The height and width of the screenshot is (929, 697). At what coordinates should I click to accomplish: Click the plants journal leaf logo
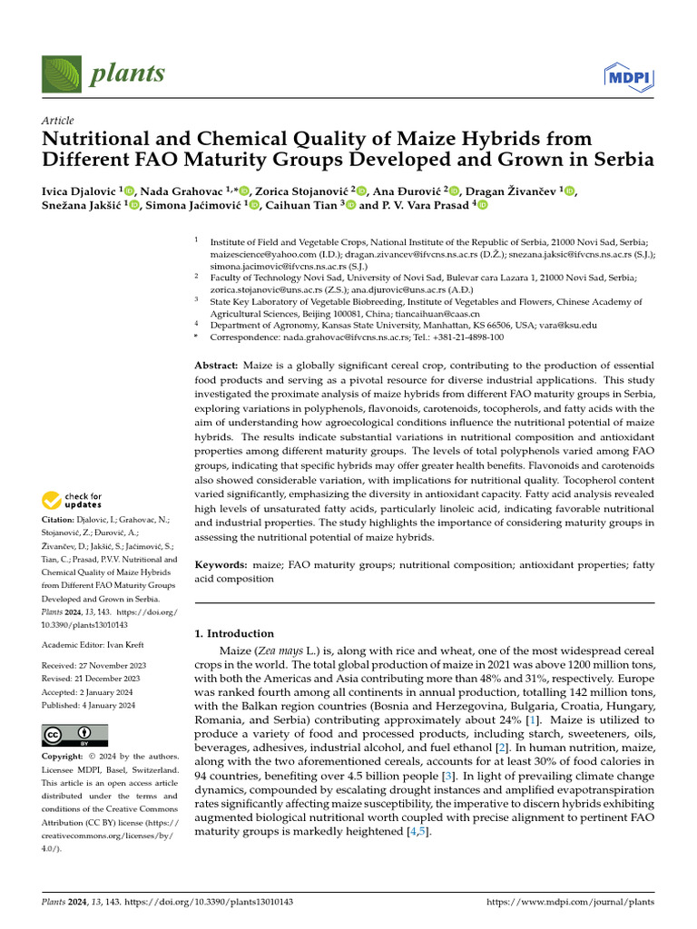[x=59, y=73]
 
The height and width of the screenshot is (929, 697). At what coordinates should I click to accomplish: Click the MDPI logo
[x=630, y=76]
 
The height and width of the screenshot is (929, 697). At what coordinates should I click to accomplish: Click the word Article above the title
[x=58, y=121]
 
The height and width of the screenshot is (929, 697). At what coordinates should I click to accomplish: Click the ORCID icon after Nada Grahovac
[x=243, y=191]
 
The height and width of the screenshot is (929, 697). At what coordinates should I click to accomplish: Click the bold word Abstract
[x=216, y=365]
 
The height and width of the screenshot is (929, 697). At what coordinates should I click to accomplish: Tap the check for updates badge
[x=73, y=500]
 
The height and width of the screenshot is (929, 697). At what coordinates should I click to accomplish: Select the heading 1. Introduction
[x=234, y=633]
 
